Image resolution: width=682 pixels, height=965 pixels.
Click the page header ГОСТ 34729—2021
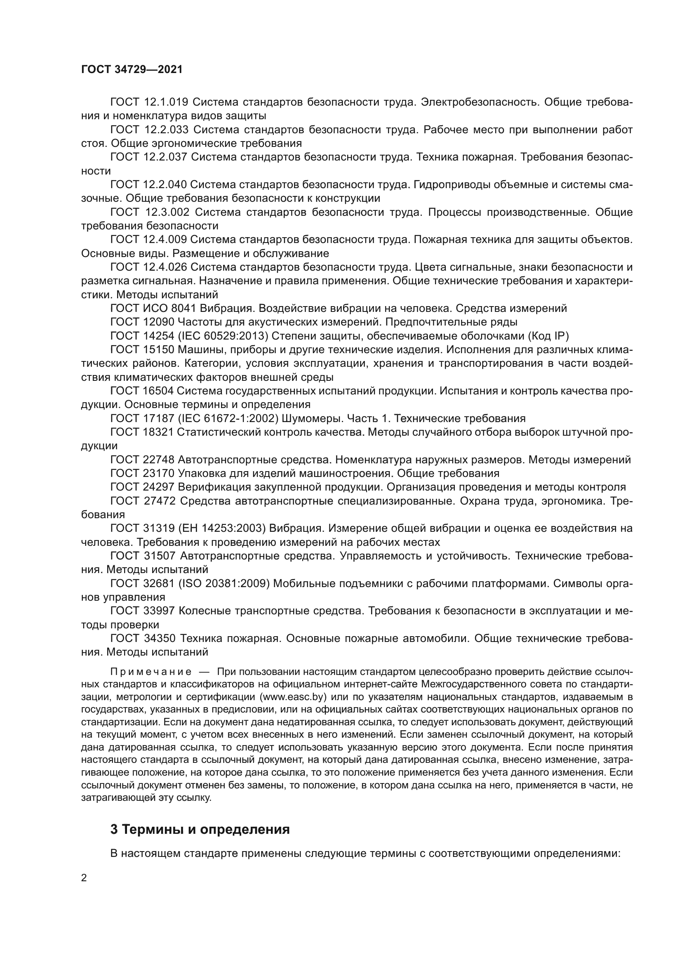tap(132, 70)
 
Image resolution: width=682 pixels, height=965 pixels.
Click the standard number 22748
tap(158, 459)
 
